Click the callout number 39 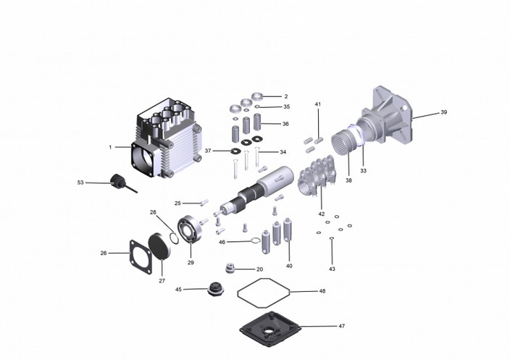pyautogui.click(x=443, y=112)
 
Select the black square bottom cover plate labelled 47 pyautogui.click(x=270, y=329)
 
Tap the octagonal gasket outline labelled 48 pyautogui.click(x=264, y=293)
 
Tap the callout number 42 pyautogui.click(x=322, y=214)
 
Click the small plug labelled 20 pyautogui.click(x=230, y=268)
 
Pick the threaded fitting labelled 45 pyautogui.click(x=214, y=289)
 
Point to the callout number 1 pyautogui.click(x=110, y=147)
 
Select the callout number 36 pyautogui.click(x=285, y=124)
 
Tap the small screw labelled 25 pyautogui.click(x=204, y=203)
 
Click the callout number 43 pyautogui.click(x=332, y=269)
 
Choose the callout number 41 pyautogui.click(x=318, y=104)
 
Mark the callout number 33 pyautogui.click(x=363, y=171)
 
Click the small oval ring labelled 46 pyautogui.click(x=255, y=241)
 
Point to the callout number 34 pyautogui.click(x=283, y=152)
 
